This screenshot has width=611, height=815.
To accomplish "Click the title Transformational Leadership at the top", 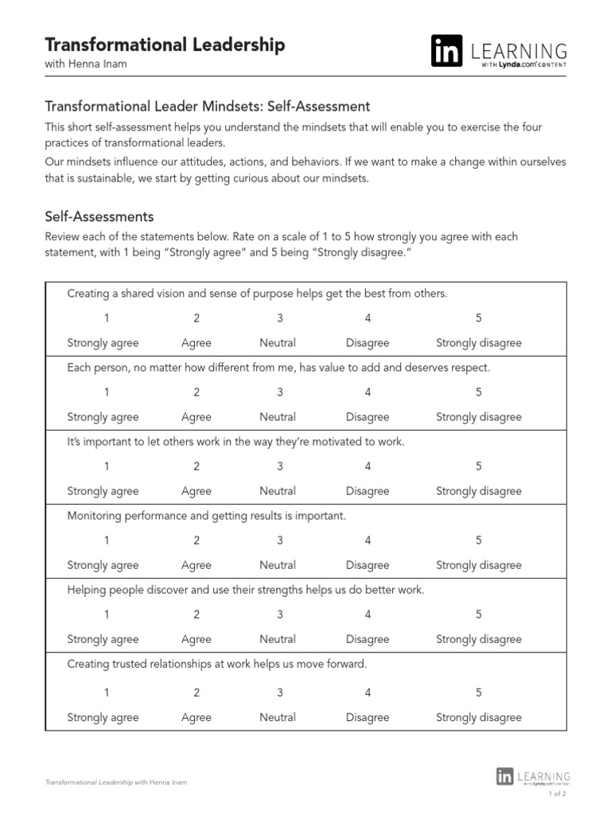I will [x=165, y=45].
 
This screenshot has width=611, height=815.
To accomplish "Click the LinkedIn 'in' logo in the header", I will [x=446, y=52].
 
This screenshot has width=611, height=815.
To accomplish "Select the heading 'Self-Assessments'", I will [x=99, y=216].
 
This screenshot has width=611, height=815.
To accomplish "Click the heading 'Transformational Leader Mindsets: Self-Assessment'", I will [x=208, y=106].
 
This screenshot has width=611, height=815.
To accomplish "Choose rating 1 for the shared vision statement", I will [x=107, y=318].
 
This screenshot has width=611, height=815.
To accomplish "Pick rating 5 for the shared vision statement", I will [x=479, y=318].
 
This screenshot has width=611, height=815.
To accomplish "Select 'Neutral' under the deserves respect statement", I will [x=278, y=417].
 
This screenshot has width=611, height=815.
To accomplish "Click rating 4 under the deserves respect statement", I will [x=368, y=392].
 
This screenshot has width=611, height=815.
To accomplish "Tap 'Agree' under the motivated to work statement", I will [x=197, y=491].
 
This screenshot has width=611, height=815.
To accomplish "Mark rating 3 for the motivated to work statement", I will [x=279, y=466].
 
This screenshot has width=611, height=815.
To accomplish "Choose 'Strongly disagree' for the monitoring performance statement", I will [x=479, y=565].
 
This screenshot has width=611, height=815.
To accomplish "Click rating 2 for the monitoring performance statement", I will [x=197, y=540].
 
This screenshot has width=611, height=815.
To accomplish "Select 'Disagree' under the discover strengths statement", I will [x=368, y=639].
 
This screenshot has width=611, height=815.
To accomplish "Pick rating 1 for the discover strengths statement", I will [x=107, y=614].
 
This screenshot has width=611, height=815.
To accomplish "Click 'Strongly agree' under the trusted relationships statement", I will [x=103, y=717].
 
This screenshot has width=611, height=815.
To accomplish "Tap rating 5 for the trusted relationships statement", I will [x=479, y=692].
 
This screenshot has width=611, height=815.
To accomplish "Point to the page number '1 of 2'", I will [x=557, y=794].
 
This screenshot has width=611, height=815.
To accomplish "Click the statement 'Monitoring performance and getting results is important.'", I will [x=207, y=516].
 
